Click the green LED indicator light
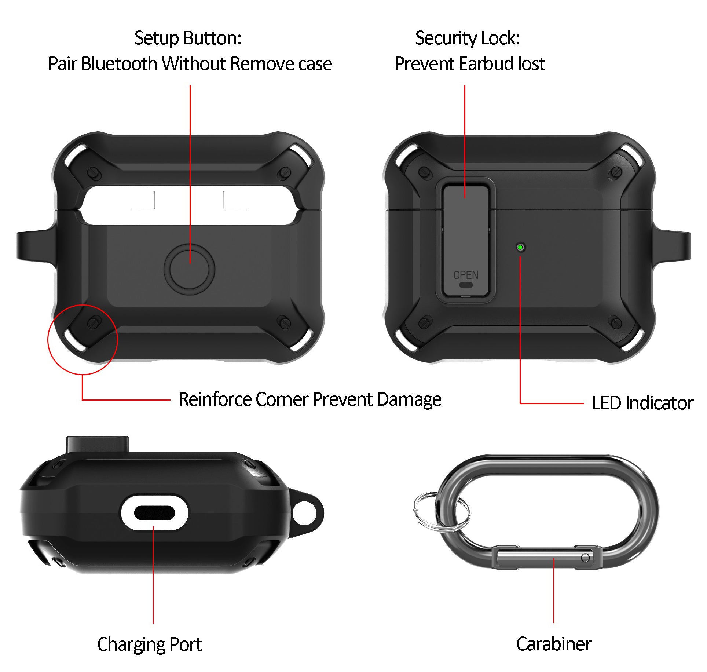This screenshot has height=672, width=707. (x=520, y=247)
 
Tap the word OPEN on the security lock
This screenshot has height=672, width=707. (x=466, y=275)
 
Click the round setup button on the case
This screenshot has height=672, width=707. (x=189, y=270)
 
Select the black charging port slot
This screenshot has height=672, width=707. (x=154, y=513)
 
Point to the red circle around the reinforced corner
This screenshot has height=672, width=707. (x=48, y=339)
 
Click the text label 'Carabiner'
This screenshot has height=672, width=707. (x=554, y=644)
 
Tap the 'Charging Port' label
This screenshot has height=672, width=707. (x=149, y=645)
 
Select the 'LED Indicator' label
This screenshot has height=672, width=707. (x=642, y=403)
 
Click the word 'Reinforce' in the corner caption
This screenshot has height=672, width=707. (x=215, y=399)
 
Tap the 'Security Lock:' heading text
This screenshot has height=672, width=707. (x=468, y=38)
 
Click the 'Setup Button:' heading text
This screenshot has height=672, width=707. (x=188, y=38)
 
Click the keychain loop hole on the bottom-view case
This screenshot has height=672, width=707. (x=305, y=513)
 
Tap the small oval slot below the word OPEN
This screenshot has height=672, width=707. (x=466, y=284)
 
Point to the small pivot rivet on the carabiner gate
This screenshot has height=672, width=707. (x=585, y=558)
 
